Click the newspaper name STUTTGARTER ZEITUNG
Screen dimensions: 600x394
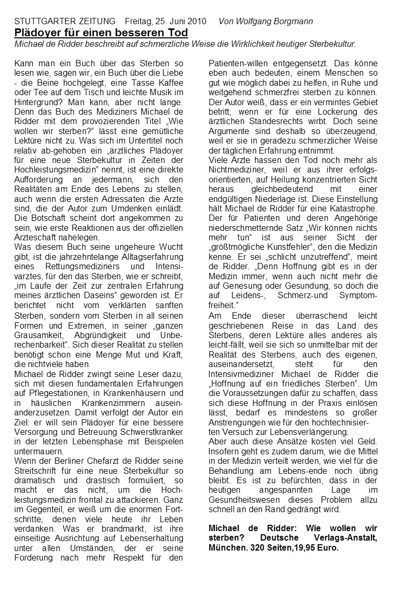coord(65,22)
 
